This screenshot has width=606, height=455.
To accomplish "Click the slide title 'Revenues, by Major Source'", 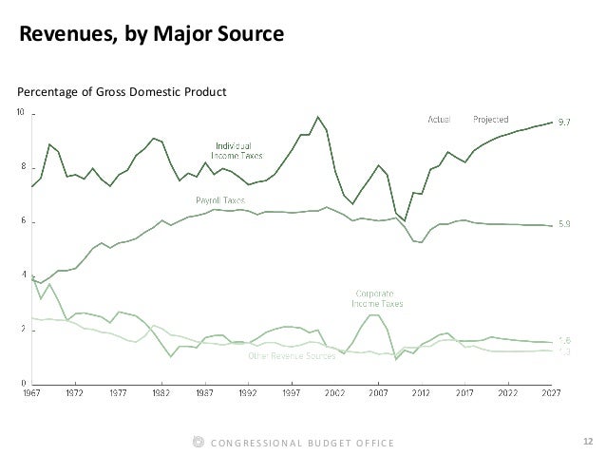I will [152, 35].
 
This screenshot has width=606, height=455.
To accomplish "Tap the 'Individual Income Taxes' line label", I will [237, 150].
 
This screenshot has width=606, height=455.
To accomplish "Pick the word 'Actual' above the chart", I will [438, 120].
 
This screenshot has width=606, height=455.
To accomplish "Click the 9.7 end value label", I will [562, 123].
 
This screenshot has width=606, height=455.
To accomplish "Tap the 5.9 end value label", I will [562, 225].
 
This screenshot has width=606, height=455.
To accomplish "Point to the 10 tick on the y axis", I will [22, 114].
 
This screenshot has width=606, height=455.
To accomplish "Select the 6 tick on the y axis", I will [23, 222].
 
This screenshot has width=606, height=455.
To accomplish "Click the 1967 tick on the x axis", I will [33, 390].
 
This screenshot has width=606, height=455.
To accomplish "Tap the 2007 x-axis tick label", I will [378, 390].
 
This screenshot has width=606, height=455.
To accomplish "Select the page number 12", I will [586, 441].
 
